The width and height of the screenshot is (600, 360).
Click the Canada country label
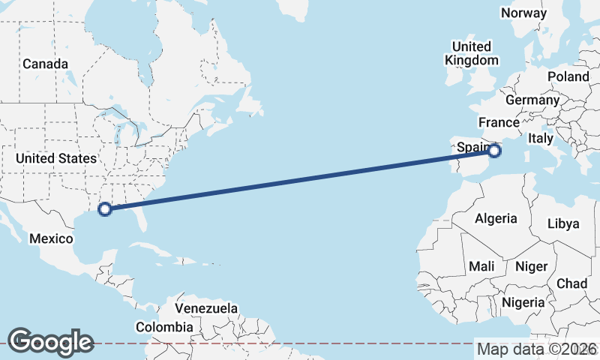point(45,64)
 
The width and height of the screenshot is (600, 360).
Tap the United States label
point(56,158)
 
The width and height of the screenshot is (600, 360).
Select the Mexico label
point(52,238)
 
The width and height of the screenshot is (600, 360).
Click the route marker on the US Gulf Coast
point(105,208)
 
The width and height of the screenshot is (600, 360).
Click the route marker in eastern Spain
point(494,151)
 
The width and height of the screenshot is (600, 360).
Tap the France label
point(499,122)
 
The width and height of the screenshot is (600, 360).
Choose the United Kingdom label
point(471,53)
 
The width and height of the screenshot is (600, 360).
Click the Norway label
point(523,13)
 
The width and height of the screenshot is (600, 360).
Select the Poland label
point(568,76)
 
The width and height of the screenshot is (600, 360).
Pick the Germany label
point(532,100)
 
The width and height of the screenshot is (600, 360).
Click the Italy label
point(540,138)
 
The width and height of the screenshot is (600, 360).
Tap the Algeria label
point(496,218)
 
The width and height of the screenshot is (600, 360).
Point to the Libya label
point(563,223)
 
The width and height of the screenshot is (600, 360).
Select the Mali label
point(481,266)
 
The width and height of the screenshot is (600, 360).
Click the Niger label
point(531,266)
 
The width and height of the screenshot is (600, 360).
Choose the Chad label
point(571,283)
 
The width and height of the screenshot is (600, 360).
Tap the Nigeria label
point(522,302)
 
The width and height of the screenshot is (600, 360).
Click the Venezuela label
point(206,308)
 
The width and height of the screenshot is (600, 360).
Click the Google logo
point(50,341)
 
